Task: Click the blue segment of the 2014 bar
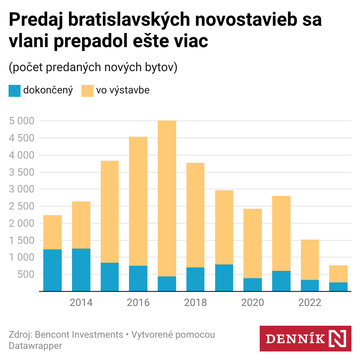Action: click(81, 270)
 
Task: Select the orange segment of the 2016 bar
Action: click(138, 201)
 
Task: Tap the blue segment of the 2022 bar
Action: click(310, 285)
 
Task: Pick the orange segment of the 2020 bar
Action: click(252, 243)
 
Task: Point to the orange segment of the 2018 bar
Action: click(195, 215)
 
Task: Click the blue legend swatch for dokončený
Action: click(15, 91)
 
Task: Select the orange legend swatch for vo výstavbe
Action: click(87, 91)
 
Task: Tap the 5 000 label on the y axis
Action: click(21, 121)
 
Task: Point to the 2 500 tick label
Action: click(21, 206)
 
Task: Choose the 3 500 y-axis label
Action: click(21, 172)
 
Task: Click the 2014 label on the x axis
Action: click(81, 303)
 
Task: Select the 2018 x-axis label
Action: click(195, 303)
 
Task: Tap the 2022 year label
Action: click(310, 303)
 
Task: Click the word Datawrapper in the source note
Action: click(35, 345)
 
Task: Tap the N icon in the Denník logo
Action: click(339, 339)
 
